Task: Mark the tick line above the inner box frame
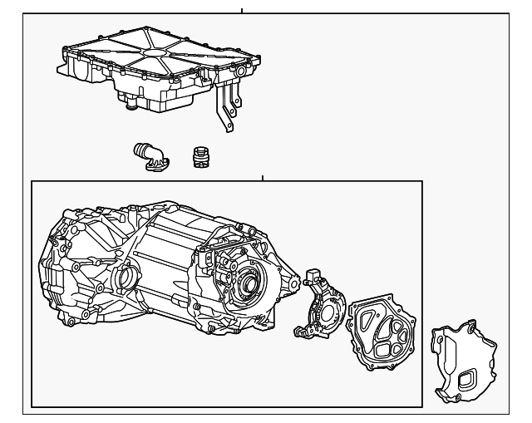point(262,178)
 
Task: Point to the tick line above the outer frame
point(242,10)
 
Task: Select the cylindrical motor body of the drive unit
point(166,249)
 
